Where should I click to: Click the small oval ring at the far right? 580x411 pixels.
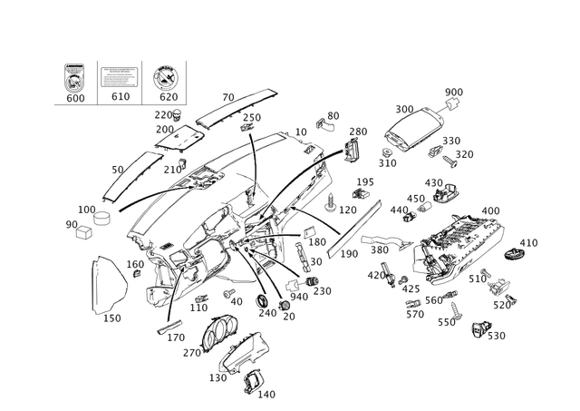pyautogui.click(x=518, y=248)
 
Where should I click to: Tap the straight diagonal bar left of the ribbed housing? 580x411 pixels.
pyautogui.click(x=349, y=230)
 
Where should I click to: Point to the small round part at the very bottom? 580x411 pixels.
pyautogui.click(x=257, y=381)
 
